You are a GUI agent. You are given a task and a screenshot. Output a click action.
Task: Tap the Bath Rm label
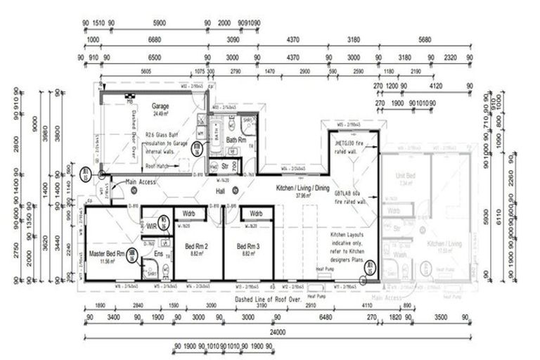click(x=235, y=140)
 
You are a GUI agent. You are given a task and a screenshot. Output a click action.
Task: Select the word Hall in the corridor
click(x=219, y=191)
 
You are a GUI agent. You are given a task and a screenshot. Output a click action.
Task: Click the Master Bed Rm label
click(x=107, y=253)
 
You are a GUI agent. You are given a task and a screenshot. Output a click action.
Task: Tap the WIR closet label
click(x=150, y=226)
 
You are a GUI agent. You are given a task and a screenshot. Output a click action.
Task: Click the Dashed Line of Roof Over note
click(x=268, y=299)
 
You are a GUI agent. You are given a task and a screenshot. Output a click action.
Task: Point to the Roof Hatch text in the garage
click(x=158, y=167)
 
